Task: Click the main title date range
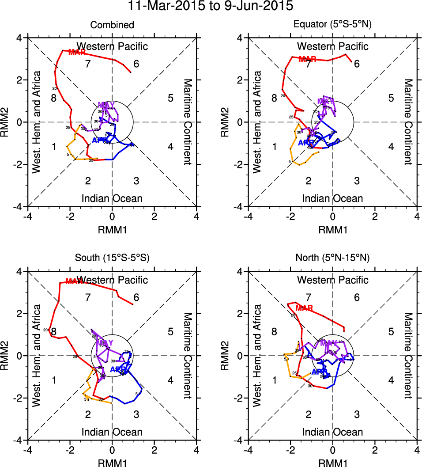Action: coord(211,7)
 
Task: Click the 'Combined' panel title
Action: coord(112,25)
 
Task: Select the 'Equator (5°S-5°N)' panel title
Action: coord(332,25)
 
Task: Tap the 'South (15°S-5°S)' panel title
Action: coord(112,258)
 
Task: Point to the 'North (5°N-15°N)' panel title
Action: coord(332,258)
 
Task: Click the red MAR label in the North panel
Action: coord(304,308)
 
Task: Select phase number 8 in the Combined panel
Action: coord(53,98)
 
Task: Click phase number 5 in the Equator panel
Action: coord(391,98)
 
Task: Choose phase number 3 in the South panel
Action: coord(136,414)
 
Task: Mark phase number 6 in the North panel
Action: coord(357,297)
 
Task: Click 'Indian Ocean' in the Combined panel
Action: coord(112,198)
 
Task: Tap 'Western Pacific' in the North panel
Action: coord(332,280)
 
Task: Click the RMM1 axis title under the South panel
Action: coord(112,462)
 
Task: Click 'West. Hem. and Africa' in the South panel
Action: coord(37,356)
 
